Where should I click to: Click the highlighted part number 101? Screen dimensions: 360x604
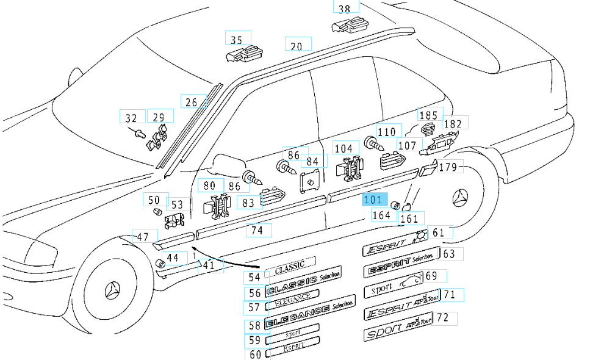[x=373, y=199]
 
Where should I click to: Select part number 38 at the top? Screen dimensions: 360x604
[x=345, y=8]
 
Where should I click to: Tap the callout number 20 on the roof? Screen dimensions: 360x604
[x=297, y=46]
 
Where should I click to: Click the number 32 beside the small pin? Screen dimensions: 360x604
[x=132, y=117]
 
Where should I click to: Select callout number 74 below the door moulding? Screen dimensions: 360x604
[x=258, y=231]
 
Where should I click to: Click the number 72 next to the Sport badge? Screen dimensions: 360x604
[x=443, y=317]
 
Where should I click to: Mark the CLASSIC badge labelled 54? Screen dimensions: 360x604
[x=290, y=267]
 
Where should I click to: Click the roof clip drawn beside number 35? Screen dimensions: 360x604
[x=243, y=55]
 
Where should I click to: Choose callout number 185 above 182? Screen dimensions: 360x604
[x=428, y=114]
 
